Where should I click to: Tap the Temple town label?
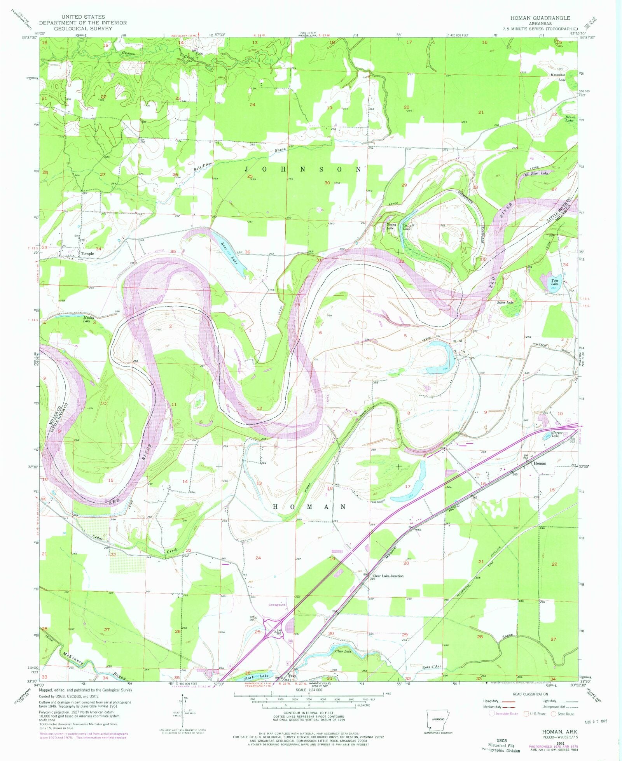[87, 253]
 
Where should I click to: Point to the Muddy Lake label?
[87, 319]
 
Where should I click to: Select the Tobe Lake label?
[554, 282]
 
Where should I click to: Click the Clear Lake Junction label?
[388, 576]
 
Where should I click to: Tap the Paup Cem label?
[377, 502]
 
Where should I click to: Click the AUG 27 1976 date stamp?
[595, 721]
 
